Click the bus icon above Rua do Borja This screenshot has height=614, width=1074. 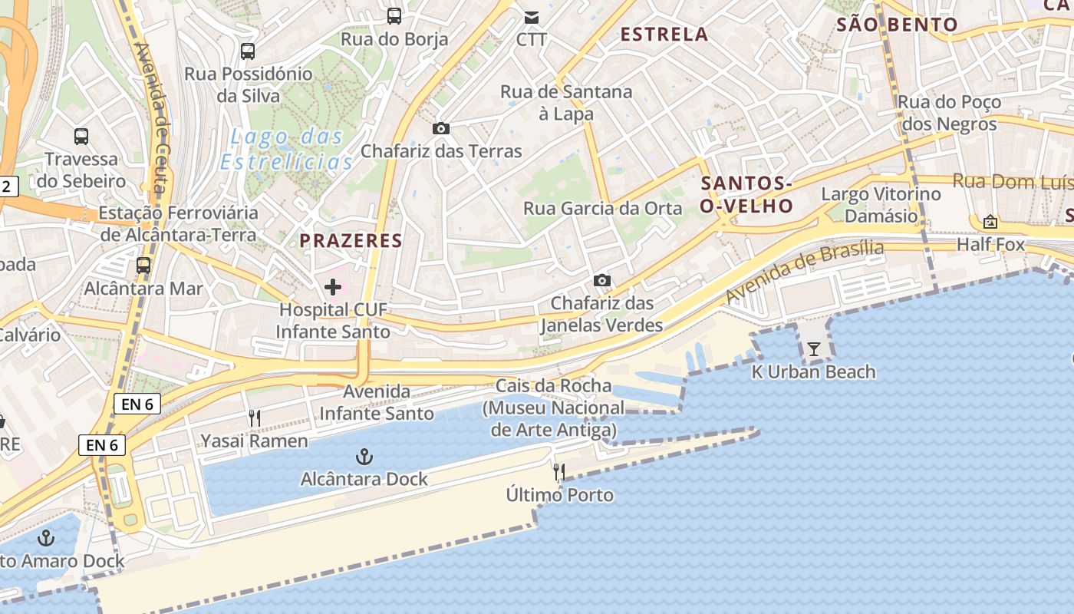click(x=394, y=15)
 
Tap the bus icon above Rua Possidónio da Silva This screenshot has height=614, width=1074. click(x=247, y=51)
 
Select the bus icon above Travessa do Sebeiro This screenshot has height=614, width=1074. click(x=81, y=137)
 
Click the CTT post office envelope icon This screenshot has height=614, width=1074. click(x=531, y=17)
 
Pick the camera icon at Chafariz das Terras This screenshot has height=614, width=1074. click(x=441, y=128)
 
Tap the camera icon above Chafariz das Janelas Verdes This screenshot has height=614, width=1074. click(x=602, y=280)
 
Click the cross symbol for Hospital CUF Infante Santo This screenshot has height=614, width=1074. click(x=333, y=287)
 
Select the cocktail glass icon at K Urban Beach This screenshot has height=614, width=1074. click(x=814, y=350)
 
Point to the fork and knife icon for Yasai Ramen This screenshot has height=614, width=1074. click(x=255, y=418)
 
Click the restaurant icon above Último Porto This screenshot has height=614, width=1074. click(x=560, y=472)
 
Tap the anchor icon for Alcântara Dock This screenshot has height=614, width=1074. click(x=364, y=457)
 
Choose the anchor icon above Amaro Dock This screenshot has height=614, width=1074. click(x=47, y=538)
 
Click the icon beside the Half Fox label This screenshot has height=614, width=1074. click(x=990, y=222)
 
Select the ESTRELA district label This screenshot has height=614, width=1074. click(x=664, y=34)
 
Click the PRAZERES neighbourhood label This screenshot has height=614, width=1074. click(x=351, y=240)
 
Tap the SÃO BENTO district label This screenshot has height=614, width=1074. click(x=897, y=25)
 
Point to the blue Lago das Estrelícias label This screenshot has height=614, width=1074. click(x=287, y=149)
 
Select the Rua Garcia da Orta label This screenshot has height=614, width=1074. click(x=602, y=208)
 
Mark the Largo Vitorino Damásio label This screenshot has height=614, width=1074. click(x=881, y=204)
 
